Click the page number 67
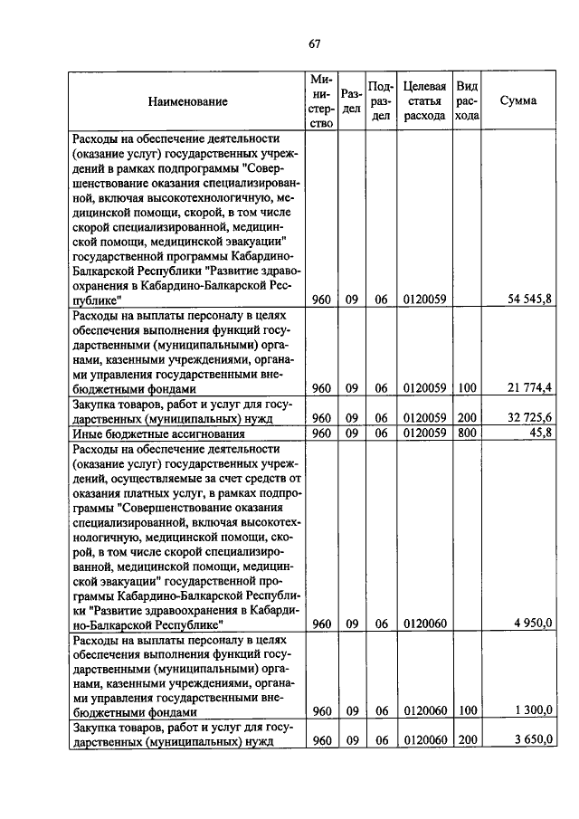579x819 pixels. [315, 43]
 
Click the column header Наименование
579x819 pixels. [188, 102]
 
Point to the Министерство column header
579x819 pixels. [321, 101]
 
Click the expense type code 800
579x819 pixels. [467, 433]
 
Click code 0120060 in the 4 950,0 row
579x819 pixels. [424, 624]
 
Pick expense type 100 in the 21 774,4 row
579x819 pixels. [467, 389]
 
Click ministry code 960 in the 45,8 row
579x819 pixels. [321, 433]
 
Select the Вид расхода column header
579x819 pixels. [467, 100]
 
